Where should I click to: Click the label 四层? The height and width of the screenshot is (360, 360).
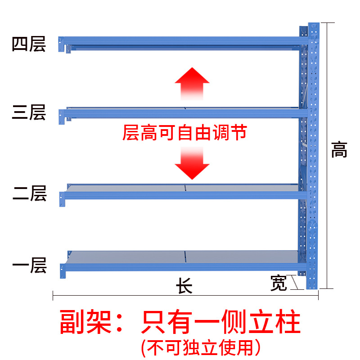click(29, 45)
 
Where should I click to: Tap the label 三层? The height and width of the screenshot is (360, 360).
click(29, 112)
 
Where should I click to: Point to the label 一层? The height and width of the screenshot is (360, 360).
click(29, 265)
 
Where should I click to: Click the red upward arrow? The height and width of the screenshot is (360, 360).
click(192, 84)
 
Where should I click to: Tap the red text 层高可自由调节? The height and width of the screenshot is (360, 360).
click(184, 133)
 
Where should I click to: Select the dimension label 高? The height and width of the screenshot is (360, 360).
click(339, 150)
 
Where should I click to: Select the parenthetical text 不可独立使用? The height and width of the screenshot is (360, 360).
click(200, 346)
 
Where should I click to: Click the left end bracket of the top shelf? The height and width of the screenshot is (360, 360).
click(61, 44)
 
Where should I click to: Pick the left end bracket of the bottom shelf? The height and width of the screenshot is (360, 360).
click(63, 271)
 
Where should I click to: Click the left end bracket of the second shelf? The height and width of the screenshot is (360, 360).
click(62, 198)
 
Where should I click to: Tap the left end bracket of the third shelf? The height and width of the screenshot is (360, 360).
click(62, 116)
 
